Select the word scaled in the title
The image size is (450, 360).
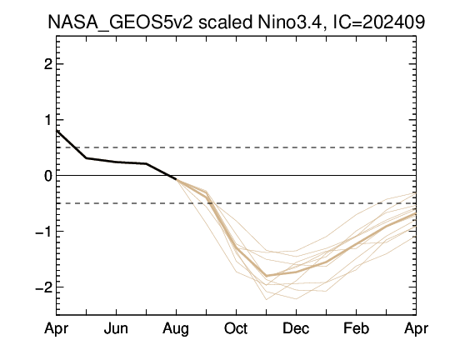point(225,22)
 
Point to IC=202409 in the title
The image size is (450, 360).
point(378,22)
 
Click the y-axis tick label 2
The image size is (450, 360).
point(48,64)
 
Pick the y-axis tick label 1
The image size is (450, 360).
point(48,120)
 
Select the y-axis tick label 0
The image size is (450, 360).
point(48,175)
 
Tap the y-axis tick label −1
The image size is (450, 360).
point(43,231)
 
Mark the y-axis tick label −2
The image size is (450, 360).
point(43,287)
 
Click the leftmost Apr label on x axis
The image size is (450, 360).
point(57,328)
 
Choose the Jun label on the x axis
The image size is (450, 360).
point(116,328)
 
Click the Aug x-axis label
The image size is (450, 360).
point(176,329)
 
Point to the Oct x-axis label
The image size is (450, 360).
point(236,328)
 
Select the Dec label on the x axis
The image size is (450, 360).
point(296,328)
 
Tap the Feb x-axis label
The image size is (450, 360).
point(356,328)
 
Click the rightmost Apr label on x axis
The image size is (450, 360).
point(416,328)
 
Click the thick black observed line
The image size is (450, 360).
point(116,162)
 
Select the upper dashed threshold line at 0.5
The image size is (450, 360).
point(236,147)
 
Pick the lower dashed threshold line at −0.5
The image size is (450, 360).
point(236,203)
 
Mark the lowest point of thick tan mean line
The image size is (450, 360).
point(267,276)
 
